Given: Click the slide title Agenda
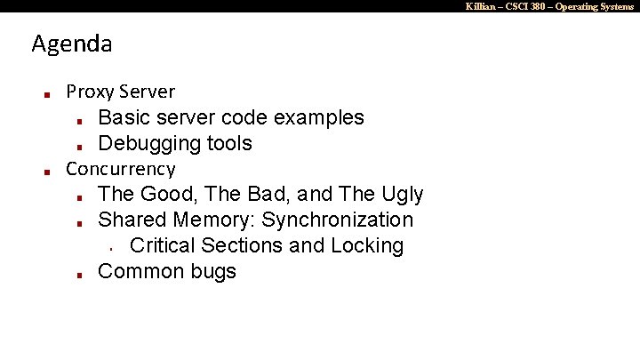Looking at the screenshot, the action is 71,44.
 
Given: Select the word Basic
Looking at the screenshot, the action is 124,117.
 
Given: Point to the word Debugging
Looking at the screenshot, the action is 148,143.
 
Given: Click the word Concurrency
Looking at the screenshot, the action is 121,169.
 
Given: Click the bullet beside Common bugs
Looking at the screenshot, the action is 79,274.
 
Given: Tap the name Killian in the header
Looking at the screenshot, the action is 480,6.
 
